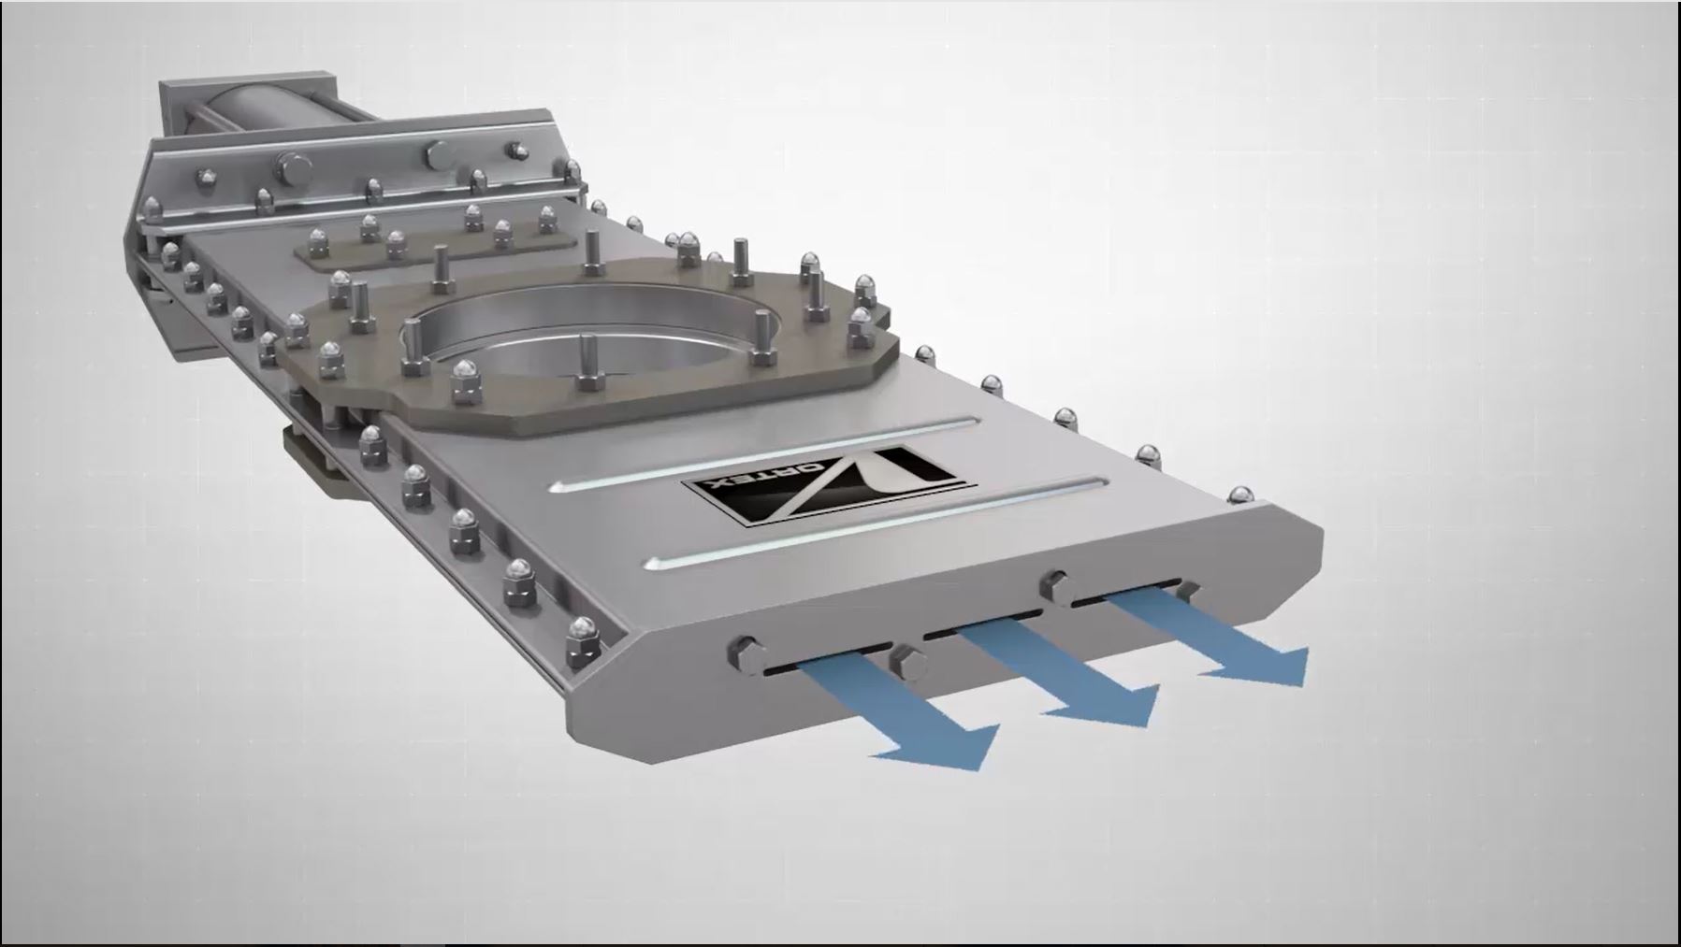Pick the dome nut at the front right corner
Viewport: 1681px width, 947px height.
click(x=1239, y=495)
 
